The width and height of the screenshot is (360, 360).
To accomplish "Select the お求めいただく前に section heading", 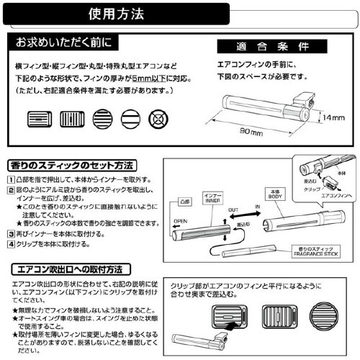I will tap(65, 42).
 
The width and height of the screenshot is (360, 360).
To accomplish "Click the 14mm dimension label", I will tap(333, 117).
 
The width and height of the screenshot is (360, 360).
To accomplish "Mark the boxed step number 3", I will tap(11, 234).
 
